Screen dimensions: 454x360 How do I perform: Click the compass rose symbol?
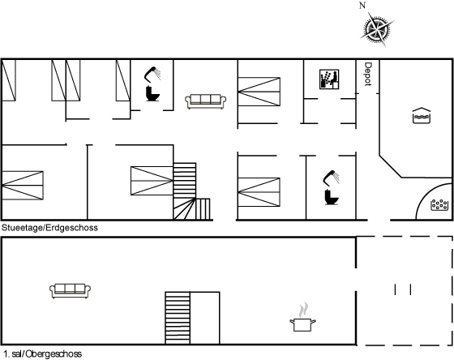point(377,29)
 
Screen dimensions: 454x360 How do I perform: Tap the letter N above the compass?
point(362,6)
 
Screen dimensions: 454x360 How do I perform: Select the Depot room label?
point(367,74)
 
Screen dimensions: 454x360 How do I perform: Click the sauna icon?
point(329,79)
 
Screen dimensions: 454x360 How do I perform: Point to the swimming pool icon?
point(422,116)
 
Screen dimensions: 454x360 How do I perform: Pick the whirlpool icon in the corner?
point(439,205)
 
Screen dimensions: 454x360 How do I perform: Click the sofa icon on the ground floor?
point(206,101)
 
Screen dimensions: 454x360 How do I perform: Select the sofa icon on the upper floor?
point(70,291)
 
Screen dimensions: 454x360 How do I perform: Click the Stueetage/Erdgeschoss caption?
point(49,228)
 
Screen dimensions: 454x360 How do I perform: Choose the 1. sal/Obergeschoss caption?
point(43,354)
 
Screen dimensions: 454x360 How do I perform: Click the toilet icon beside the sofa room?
point(152,93)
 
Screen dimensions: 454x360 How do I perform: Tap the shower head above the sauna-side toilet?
point(332,178)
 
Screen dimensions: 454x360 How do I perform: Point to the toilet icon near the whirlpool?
point(332,197)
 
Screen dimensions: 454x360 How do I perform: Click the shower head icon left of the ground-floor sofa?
point(152,74)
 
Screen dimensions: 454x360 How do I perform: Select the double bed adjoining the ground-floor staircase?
point(152,181)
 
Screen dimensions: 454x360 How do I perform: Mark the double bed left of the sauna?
point(259,92)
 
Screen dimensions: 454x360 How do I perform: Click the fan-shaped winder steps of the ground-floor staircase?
point(184,209)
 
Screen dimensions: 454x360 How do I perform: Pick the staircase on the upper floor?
point(178,318)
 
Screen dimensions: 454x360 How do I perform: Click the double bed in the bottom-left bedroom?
point(23,186)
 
